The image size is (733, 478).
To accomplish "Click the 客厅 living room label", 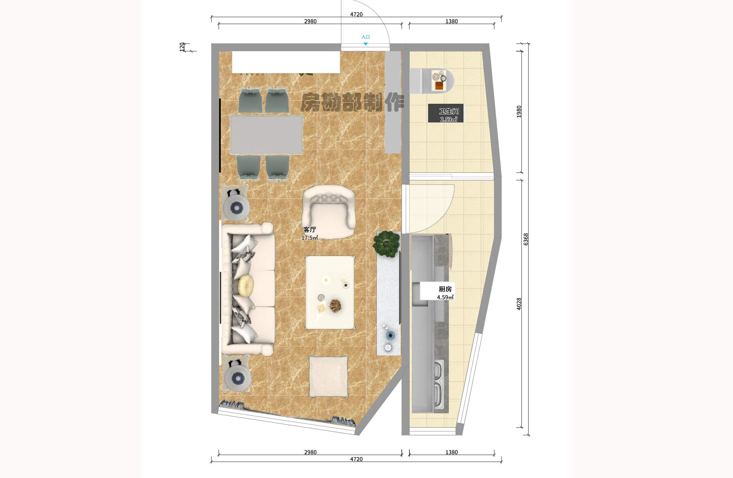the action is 310,230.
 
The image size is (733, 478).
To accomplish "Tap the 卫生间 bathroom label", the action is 449,111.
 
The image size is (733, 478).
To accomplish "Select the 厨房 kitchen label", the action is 445,289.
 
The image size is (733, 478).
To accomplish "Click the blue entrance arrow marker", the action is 365,44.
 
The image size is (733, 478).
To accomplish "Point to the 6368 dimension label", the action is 526,239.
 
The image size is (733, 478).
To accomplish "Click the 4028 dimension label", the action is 519,304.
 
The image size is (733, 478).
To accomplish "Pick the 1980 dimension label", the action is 519,112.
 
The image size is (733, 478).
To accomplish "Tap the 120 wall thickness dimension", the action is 182,47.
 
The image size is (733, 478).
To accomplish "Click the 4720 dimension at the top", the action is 356,15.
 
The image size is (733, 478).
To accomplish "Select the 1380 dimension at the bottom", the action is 451,452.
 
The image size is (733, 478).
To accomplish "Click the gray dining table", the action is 266,135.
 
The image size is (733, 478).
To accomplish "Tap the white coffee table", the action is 330,293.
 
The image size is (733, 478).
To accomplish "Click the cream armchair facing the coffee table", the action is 329,212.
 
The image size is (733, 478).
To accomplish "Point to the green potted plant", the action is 386,244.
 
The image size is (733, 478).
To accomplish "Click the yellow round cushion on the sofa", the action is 246,286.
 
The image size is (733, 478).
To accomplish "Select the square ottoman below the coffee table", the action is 328,376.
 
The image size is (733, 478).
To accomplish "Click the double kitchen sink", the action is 438,384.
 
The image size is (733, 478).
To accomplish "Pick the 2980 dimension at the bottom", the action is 310,452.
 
